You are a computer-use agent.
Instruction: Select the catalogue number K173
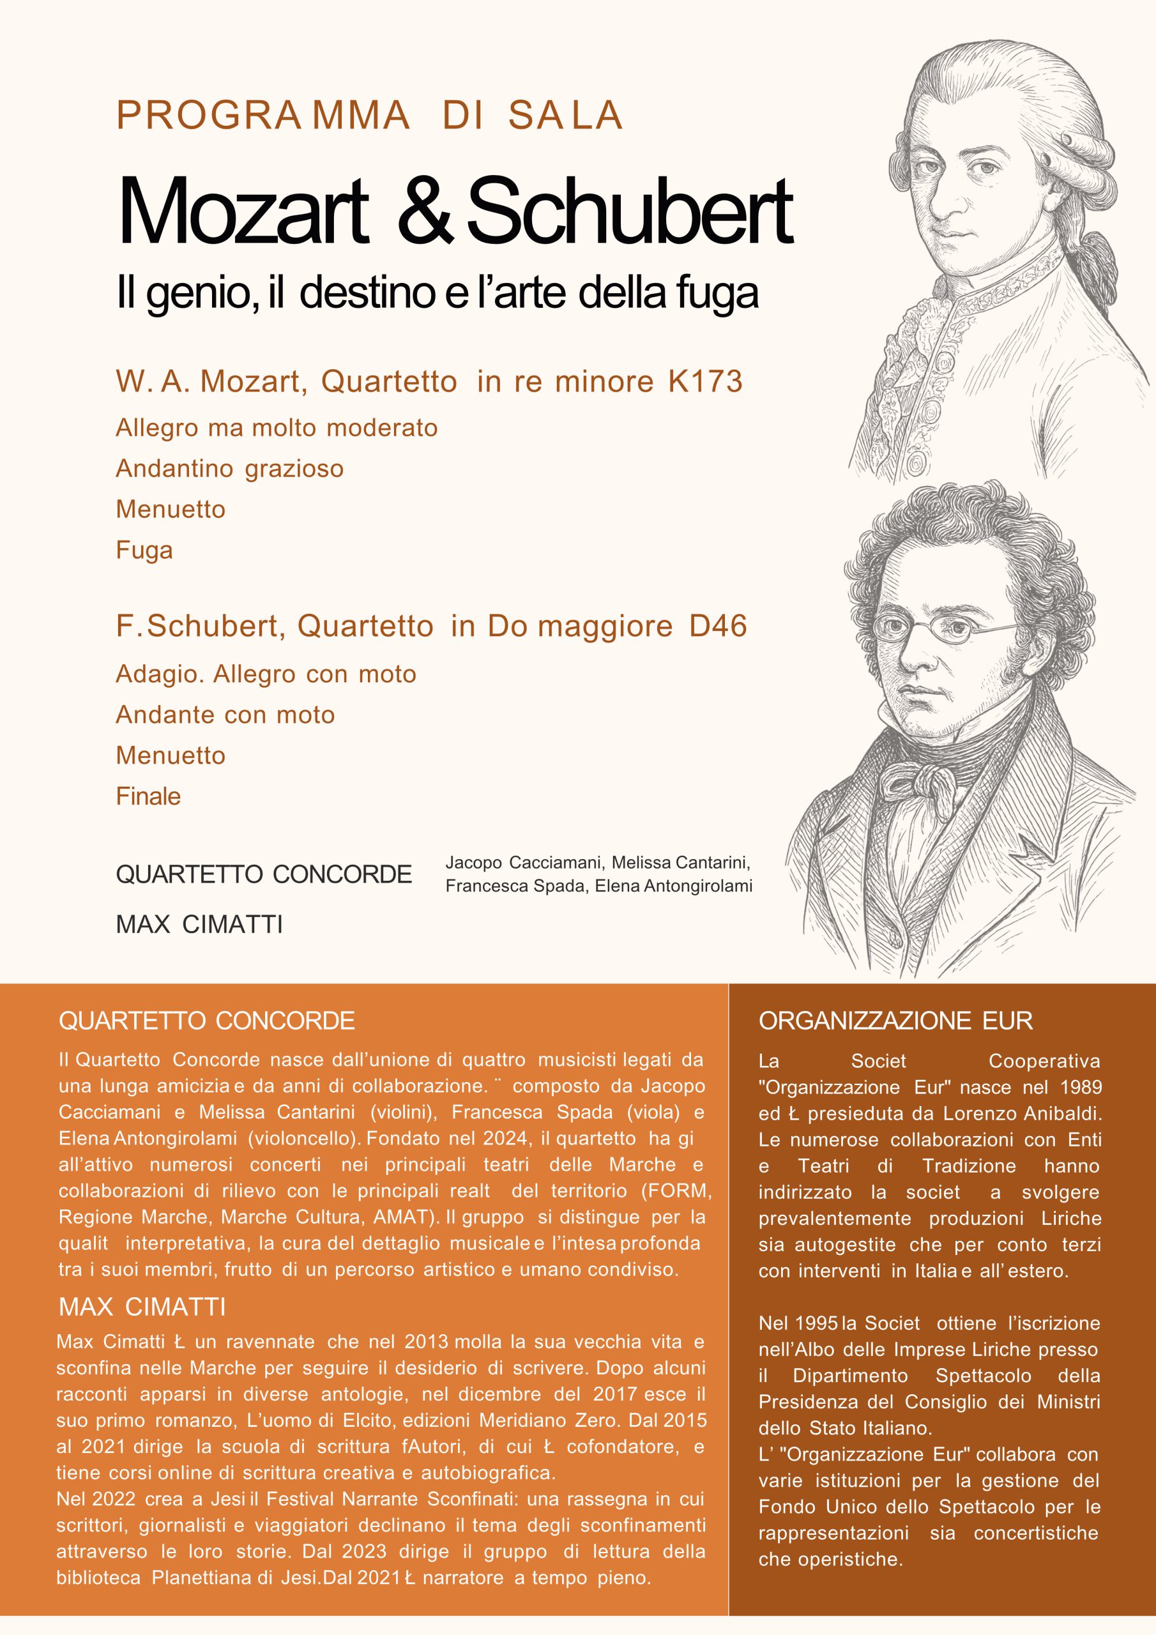[705, 382]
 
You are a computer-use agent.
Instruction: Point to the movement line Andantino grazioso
[229, 469]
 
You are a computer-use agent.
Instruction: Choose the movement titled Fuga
[144, 551]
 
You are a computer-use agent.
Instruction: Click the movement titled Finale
[148, 796]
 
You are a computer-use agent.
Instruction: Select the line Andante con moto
[225, 715]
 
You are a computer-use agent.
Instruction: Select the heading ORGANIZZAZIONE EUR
[895, 1021]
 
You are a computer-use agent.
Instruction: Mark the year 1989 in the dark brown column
[1081, 1088]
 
